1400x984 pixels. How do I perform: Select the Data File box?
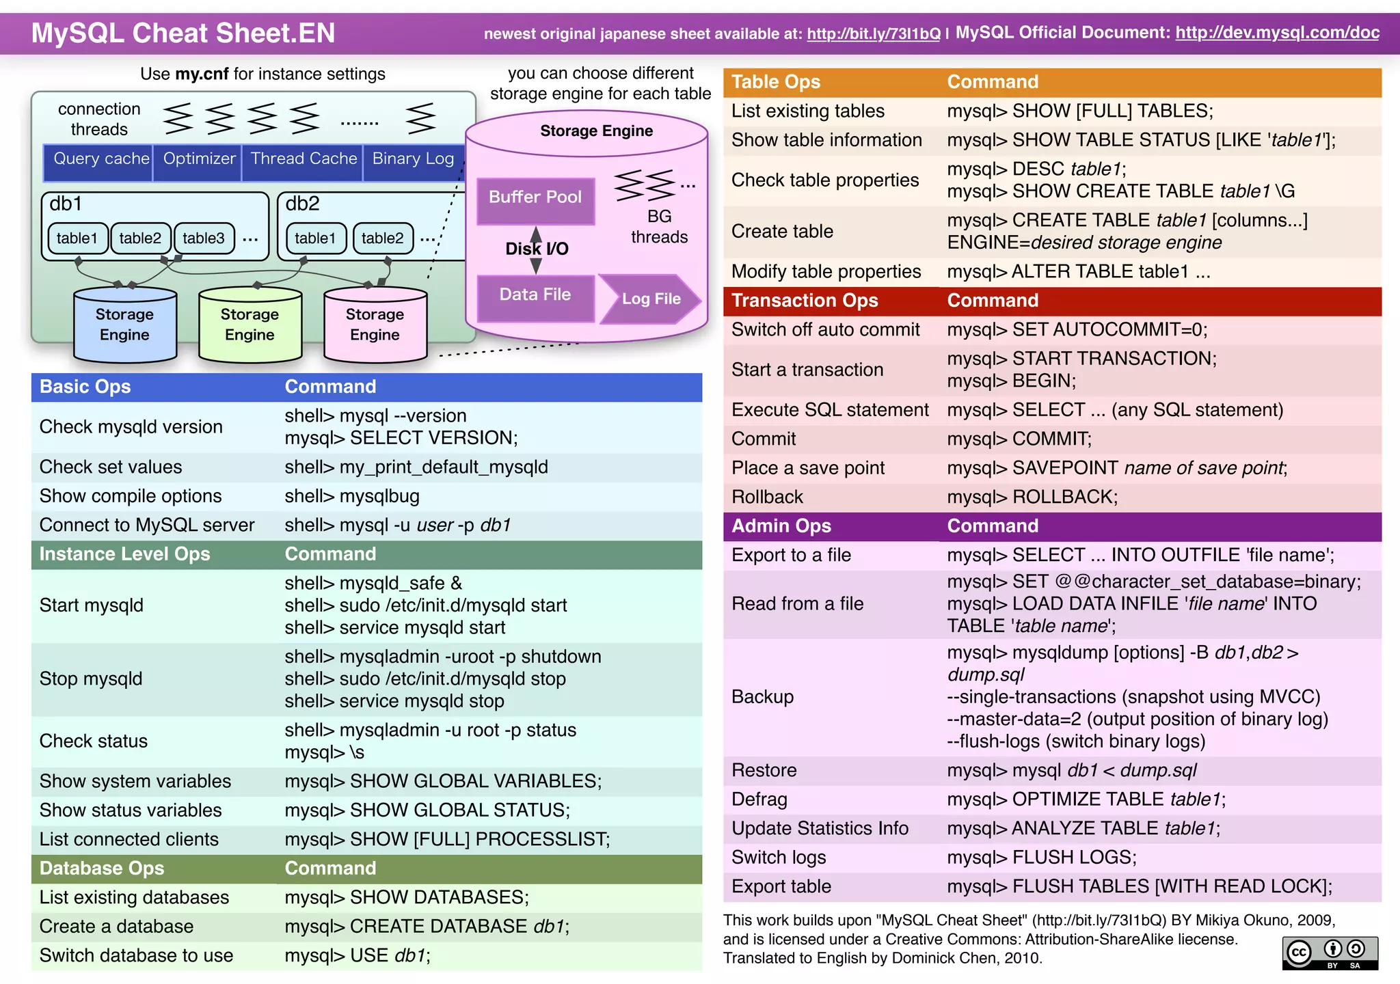[535, 296]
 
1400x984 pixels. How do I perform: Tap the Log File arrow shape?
[649, 299]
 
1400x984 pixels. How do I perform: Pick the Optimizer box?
[198, 160]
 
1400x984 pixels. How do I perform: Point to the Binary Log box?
[413, 160]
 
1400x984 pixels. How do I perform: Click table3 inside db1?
[204, 238]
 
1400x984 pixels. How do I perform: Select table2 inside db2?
[382, 238]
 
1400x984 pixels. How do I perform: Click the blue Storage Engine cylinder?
[124, 325]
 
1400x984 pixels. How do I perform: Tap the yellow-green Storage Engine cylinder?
[250, 325]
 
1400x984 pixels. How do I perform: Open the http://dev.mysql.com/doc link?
[1277, 33]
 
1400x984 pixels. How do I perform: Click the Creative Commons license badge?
[1330, 953]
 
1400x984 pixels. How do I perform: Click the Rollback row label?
[767, 497]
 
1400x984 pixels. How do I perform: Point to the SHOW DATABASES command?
[407, 897]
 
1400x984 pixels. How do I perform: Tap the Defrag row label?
[759, 799]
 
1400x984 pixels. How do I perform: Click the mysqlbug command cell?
[352, 496]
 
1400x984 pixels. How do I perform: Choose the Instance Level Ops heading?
[124, 554]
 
